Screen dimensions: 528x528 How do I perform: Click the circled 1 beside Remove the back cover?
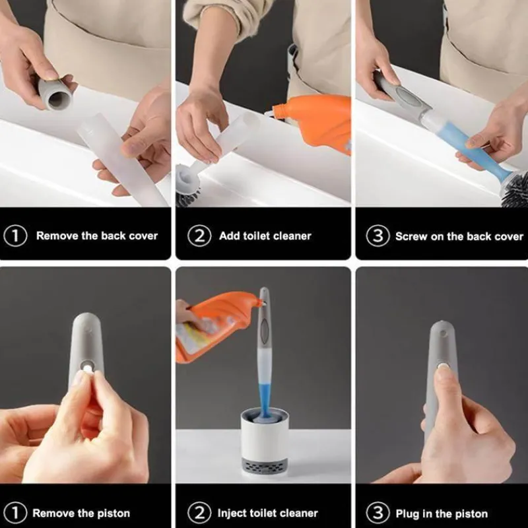pos(15,236)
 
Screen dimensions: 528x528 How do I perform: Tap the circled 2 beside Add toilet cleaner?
pos(199,236)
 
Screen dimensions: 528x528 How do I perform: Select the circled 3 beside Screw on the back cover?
pos(378,236)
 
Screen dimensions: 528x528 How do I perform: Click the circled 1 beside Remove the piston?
pos(15,513)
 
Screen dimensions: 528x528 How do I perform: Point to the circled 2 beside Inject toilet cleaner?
pos(199,513)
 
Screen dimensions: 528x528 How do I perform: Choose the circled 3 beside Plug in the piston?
pos(378,513)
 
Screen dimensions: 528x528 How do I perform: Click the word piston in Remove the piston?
pos(112,514)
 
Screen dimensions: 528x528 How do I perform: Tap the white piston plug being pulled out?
pos(87,368)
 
